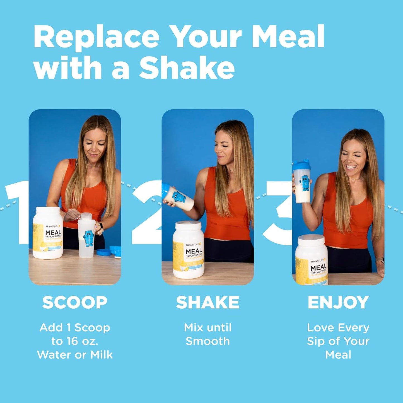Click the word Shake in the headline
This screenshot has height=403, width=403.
[187, 68]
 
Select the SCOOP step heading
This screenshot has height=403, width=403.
[75, 302]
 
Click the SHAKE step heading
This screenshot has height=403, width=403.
[207, 302]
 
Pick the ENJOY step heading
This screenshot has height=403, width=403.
[338, 302]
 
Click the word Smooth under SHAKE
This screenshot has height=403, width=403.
[208, 341]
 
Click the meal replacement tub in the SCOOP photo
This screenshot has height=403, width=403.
[48, 233]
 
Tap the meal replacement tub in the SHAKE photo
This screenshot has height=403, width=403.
[188, 250]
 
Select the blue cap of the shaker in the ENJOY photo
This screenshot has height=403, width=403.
[301, 165]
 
